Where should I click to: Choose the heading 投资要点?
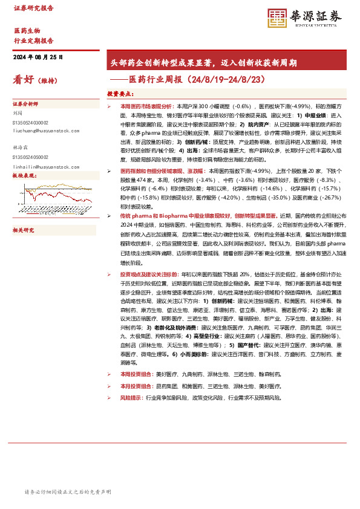click(x=120, y=94)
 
